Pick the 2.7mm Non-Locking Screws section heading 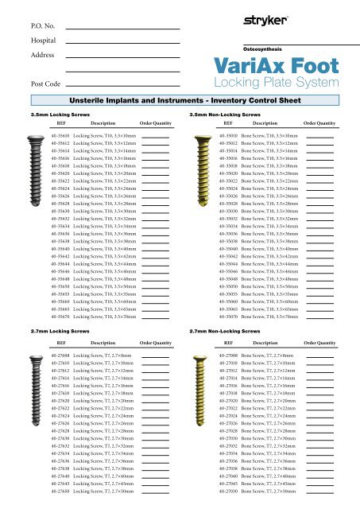click(226, 328)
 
